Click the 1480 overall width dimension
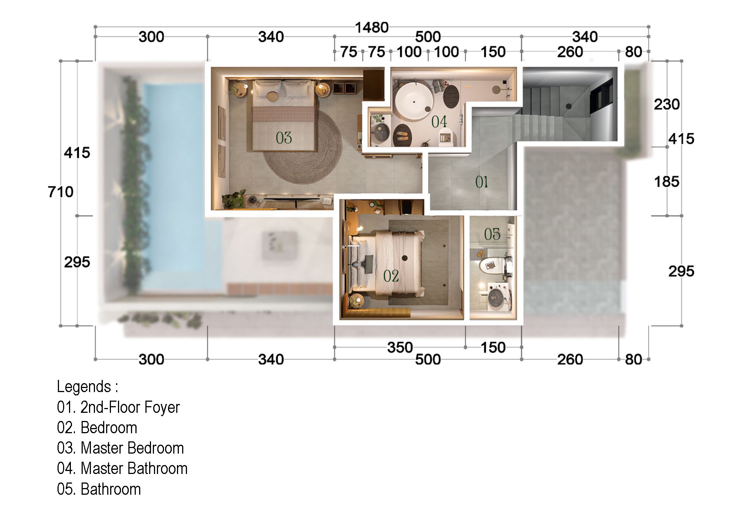coord(372,27)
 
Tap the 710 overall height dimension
coord(61,192)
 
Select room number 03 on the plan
coord(284,138)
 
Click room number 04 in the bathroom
coord(439,122)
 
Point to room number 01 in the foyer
coord(482,182)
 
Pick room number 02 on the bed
coord(391,276)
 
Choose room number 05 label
coord(492,234)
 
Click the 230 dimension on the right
coord(667,105)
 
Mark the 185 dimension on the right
coord(667,182)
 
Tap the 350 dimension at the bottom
coord(400,348)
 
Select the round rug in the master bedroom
coord(302,148)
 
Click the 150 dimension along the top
coord(493,52)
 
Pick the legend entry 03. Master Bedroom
coord(121,448)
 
